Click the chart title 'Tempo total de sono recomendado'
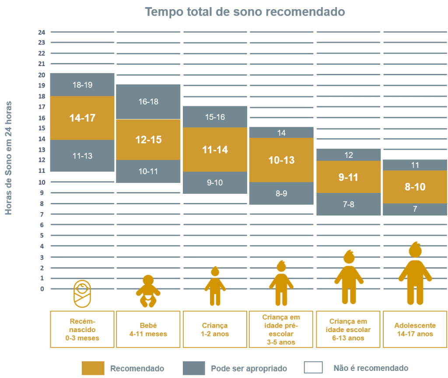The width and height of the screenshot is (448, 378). [x=245, y=12]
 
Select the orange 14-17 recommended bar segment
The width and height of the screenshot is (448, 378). [x=82, y=118]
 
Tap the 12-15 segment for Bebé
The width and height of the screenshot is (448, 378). [x=148, y=140]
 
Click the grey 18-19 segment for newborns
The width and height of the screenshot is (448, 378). [x=82, y=85]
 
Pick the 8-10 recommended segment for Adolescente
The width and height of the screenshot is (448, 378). [x=415, y=187]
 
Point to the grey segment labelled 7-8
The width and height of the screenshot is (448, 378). [x=349, y=204]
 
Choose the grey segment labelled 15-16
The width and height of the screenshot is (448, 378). [x=215, y=117]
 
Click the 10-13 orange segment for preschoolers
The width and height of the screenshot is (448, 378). [x=281, y=160]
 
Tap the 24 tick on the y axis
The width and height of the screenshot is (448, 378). [x=42, y=32]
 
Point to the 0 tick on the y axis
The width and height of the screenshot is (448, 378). [x=42, y=289]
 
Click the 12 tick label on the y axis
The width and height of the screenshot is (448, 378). [x=42, y=160]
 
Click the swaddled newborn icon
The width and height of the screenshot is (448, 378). [x=82, y=293]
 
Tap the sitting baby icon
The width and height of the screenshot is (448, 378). [x=148, y=291]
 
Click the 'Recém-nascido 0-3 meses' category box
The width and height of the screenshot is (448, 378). [x=82, y=329]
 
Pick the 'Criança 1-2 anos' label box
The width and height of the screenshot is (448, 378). [x=215, y=329]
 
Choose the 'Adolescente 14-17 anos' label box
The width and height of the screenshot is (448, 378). [x=415, y=329]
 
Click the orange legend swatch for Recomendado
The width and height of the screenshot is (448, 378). [x=93, y=368]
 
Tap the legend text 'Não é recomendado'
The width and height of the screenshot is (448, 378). [x=371, y=368]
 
